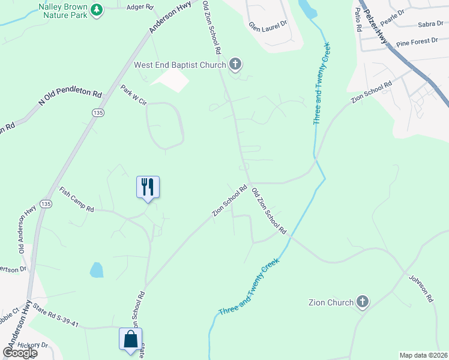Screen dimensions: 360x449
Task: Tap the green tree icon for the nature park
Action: click(x=97, y=10)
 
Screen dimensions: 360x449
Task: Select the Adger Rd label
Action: click(x=140, y=7)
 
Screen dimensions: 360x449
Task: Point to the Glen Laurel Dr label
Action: click(x=268, y=26)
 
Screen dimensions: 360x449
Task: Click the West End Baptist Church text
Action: click(x=179, y=65)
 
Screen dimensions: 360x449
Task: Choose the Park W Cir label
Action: click(x=133, y=95)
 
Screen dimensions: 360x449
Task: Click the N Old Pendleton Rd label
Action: click(x=70, y=95)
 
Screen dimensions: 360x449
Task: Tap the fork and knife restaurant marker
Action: click(x=148, y=187)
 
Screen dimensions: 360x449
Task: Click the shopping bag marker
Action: click(x=130, y=340)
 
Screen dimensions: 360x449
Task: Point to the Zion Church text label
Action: click(x=331, y=302)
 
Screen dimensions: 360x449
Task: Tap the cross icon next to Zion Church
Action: click(x=363, y=302)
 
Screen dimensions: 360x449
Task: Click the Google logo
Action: click(x=20, y=353)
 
